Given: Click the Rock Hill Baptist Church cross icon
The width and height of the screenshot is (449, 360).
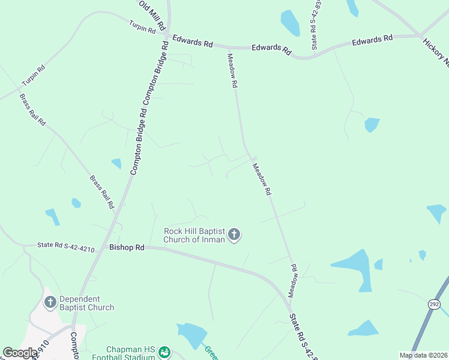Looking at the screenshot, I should pos(234,234).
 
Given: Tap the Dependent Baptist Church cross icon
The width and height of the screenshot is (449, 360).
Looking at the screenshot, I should pos(50,302).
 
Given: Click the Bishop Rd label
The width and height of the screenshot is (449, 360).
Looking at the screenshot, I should pos(127,247).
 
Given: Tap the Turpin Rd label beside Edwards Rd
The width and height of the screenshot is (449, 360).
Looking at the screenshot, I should pos(142,26).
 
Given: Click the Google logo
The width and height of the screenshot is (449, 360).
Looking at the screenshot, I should pos(19,353).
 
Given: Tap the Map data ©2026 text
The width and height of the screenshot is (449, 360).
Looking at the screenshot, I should pos(423,355).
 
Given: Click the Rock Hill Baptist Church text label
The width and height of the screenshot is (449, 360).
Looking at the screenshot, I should pos(194,235).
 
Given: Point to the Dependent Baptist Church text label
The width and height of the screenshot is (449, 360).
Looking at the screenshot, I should pos(86,303).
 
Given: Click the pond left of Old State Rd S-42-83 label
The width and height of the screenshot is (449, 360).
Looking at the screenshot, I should pos(291,23).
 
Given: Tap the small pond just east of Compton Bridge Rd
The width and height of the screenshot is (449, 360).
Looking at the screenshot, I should pos(116,163).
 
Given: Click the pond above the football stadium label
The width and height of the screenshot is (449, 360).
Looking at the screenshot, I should pos(191,335).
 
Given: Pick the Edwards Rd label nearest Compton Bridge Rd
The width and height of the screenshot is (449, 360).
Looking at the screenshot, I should pos(192,41).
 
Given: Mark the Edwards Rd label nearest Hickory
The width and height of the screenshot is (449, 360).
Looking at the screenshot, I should pos(372,40).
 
